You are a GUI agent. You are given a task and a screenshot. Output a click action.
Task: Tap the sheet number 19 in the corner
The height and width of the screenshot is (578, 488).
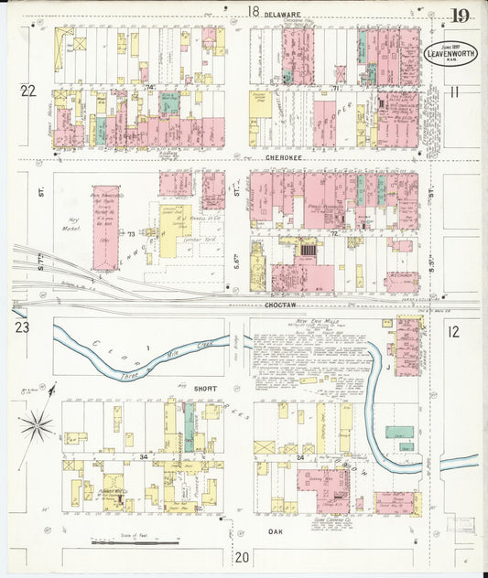point(461,16)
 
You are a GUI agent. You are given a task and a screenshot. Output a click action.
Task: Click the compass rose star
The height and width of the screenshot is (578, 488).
point(37,424)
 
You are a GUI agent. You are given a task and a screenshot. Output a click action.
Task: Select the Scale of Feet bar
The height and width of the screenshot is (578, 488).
point(135,543)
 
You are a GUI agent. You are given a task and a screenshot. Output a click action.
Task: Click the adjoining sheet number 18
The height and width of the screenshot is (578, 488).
point(253,12)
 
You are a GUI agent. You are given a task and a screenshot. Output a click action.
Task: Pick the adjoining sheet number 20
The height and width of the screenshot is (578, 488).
point(242,556)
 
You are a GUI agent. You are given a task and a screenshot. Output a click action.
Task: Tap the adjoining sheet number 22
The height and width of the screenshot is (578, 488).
point(28,90)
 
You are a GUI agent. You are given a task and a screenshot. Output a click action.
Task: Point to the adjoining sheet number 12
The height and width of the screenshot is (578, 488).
point(453,331)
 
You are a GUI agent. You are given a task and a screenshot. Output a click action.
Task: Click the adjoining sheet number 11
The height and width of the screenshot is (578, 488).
point(453,91)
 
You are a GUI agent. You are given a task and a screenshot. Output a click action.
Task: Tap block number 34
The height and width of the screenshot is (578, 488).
point(143,455)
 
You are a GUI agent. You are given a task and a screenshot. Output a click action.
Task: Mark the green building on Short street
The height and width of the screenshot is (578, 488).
point(190,425)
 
